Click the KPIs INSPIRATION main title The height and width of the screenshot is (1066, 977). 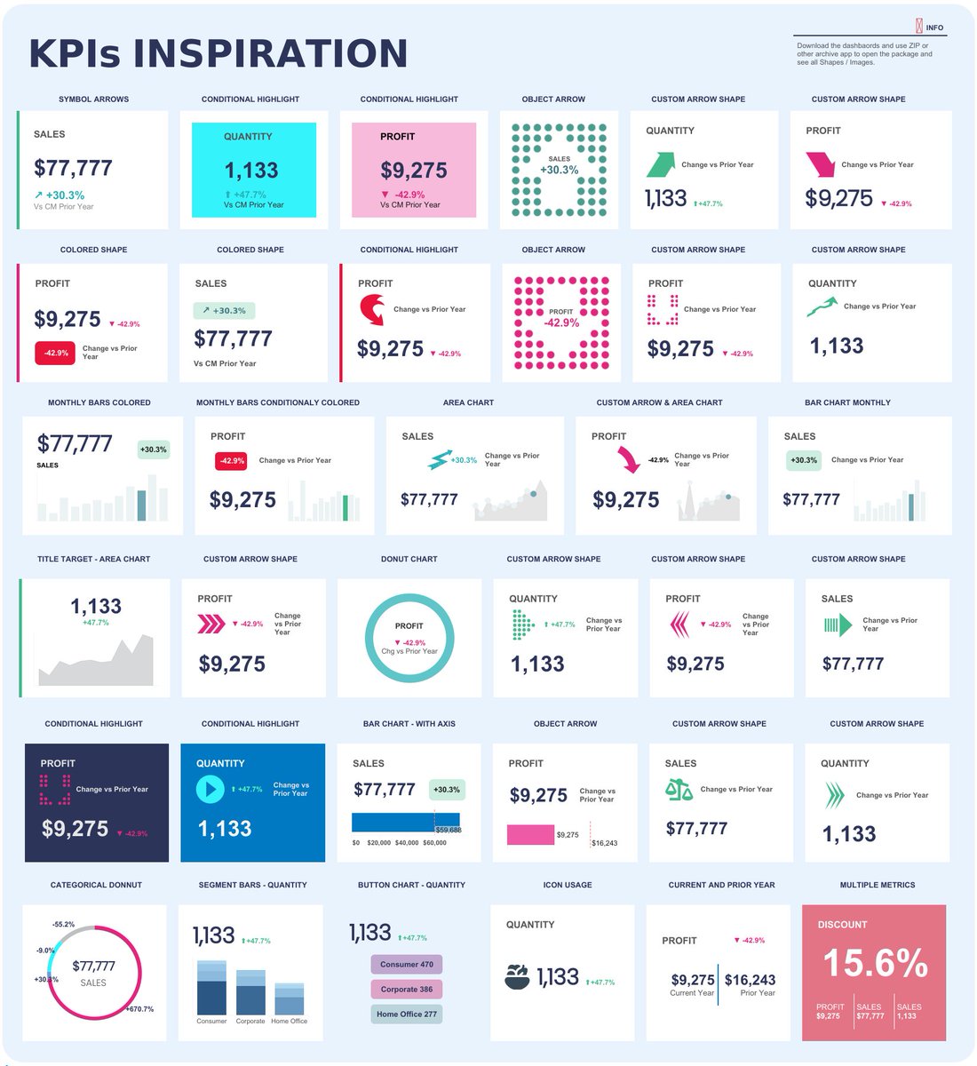(x=218, y=53)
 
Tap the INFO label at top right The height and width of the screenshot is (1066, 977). (x=933, y=28)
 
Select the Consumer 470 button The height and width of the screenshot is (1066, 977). (x=406, y=964)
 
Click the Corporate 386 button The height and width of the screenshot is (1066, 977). (x=406, y=989)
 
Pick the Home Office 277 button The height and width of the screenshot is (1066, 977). (x=406, y=1014)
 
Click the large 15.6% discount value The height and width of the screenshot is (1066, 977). (x=875, y=963)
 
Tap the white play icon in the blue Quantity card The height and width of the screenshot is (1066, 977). (x=210, y=789)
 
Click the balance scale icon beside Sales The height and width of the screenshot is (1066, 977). (x=679, y=789)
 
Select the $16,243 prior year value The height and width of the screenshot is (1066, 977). (x=750, y=980)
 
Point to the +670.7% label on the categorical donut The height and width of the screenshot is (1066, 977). (x=139, y=1009)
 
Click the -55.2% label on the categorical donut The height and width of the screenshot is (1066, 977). (x=63, y=925)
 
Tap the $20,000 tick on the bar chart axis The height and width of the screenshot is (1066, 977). (x=378, y=842)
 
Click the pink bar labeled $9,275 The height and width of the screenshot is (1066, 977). (x=530, y=834)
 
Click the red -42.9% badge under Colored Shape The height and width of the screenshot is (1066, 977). (x=55, y=353)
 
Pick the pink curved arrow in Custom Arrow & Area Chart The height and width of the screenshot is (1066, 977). (x=628, y=459)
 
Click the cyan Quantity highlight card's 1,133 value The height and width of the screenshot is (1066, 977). (x=250, y=171)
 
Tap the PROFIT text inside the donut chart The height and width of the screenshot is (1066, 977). (x=409, y=625)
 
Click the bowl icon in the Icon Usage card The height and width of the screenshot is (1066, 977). (x=517, y=977)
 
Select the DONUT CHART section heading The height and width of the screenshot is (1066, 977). (x=409, y=559)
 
